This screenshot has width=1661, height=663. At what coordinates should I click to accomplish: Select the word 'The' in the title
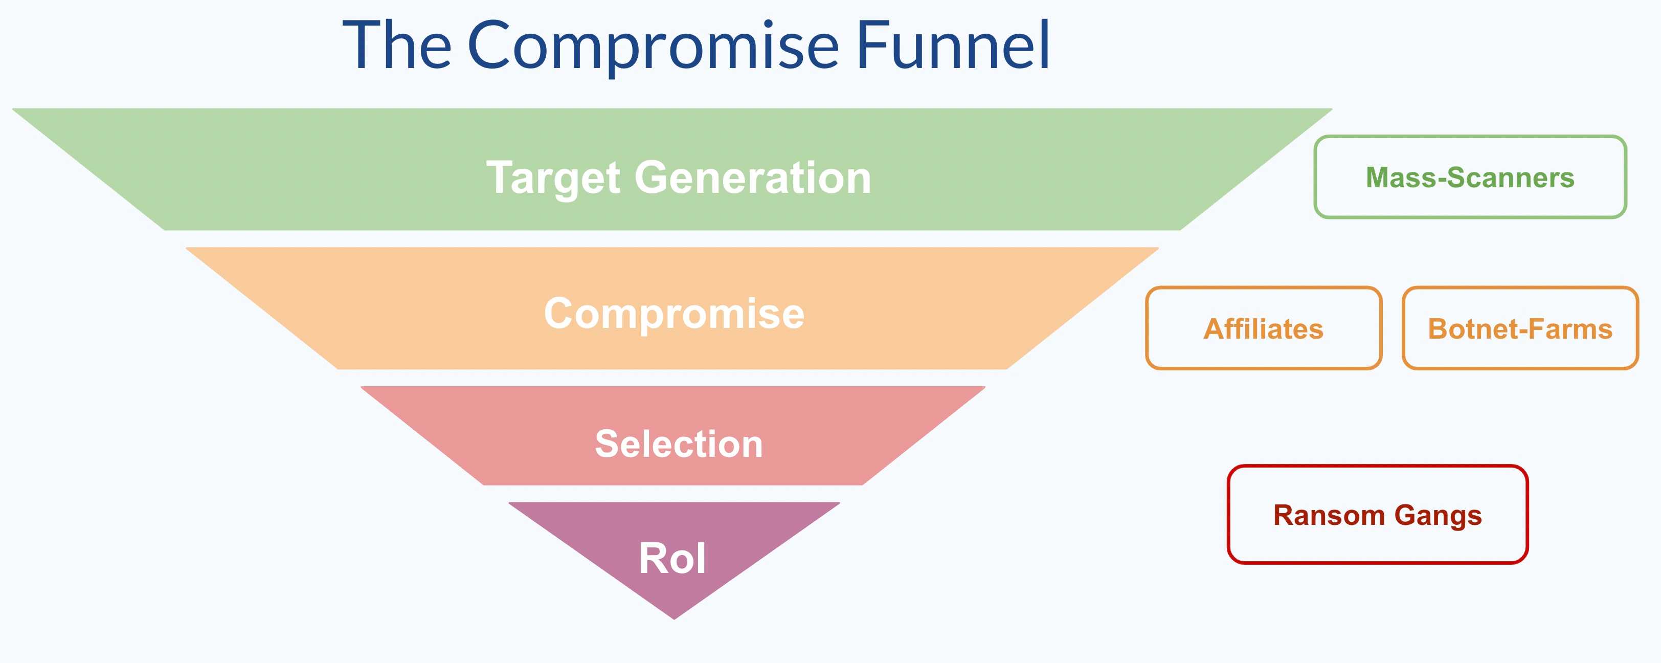pyautogui.click(x=396, y=44)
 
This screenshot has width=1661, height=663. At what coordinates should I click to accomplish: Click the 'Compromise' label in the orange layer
pyautogui.click(x=674, y=314)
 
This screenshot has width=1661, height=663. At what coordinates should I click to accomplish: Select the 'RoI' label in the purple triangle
pyautogui.click(x=672, y=558)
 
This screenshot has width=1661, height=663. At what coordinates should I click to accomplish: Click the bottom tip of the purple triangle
pyautogui.click(x=675, y=619)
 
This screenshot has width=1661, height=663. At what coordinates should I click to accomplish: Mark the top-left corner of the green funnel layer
pyautogui.click(x=13, y=109)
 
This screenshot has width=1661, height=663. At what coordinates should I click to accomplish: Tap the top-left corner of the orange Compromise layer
pyautogui.click(x=186, y=248)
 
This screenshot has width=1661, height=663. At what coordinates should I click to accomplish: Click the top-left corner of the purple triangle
pyautogui.click(x=509, y=503)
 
